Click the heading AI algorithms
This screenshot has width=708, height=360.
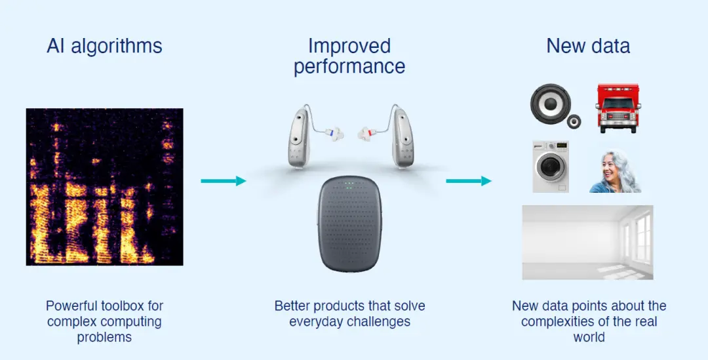pos(104,46)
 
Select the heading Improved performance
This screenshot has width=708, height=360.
pos(349,56)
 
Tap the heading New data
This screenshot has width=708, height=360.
pos(588,46)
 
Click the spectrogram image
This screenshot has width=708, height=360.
pos(104,186)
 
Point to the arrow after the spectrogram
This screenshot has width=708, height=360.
pos(224,181)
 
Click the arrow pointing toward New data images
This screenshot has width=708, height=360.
pos(469,181)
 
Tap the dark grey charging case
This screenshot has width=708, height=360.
pos(350,224)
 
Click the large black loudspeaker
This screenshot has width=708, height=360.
pos(551,104)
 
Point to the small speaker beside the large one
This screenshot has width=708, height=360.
pos(574,121)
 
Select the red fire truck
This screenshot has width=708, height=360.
pos(618,108)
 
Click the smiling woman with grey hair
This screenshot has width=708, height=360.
pos(614,172)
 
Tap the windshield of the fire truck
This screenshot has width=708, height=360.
pos(618,104)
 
